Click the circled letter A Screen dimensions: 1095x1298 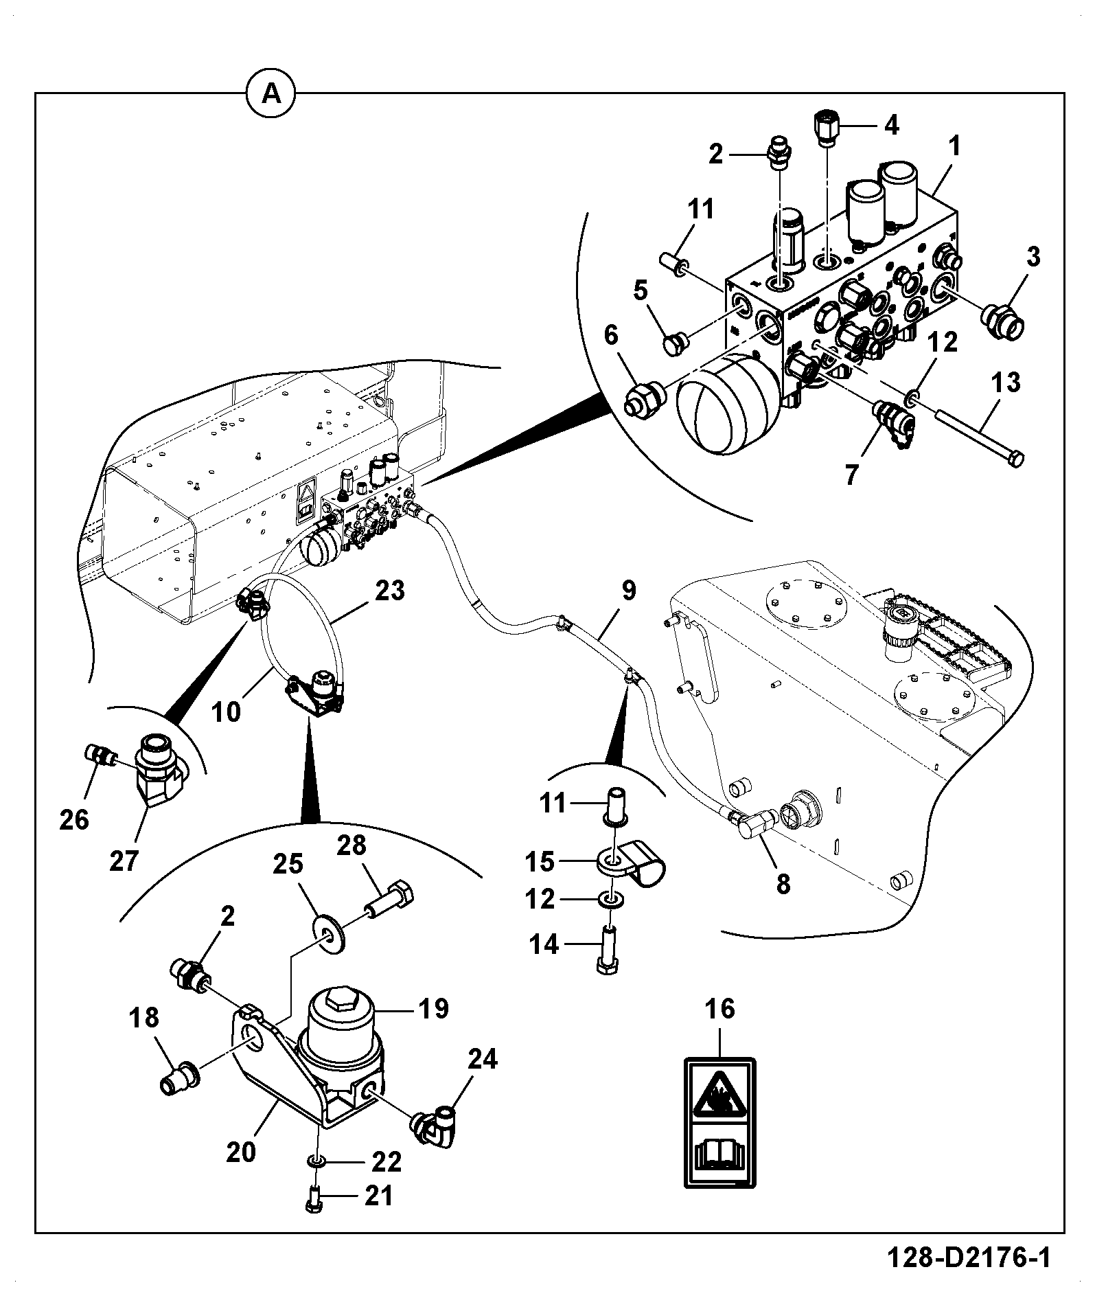click(x=272, y=93)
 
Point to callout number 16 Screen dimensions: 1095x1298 click(x=719, y=1008)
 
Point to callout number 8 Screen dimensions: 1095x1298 click(x=783, y=883)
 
